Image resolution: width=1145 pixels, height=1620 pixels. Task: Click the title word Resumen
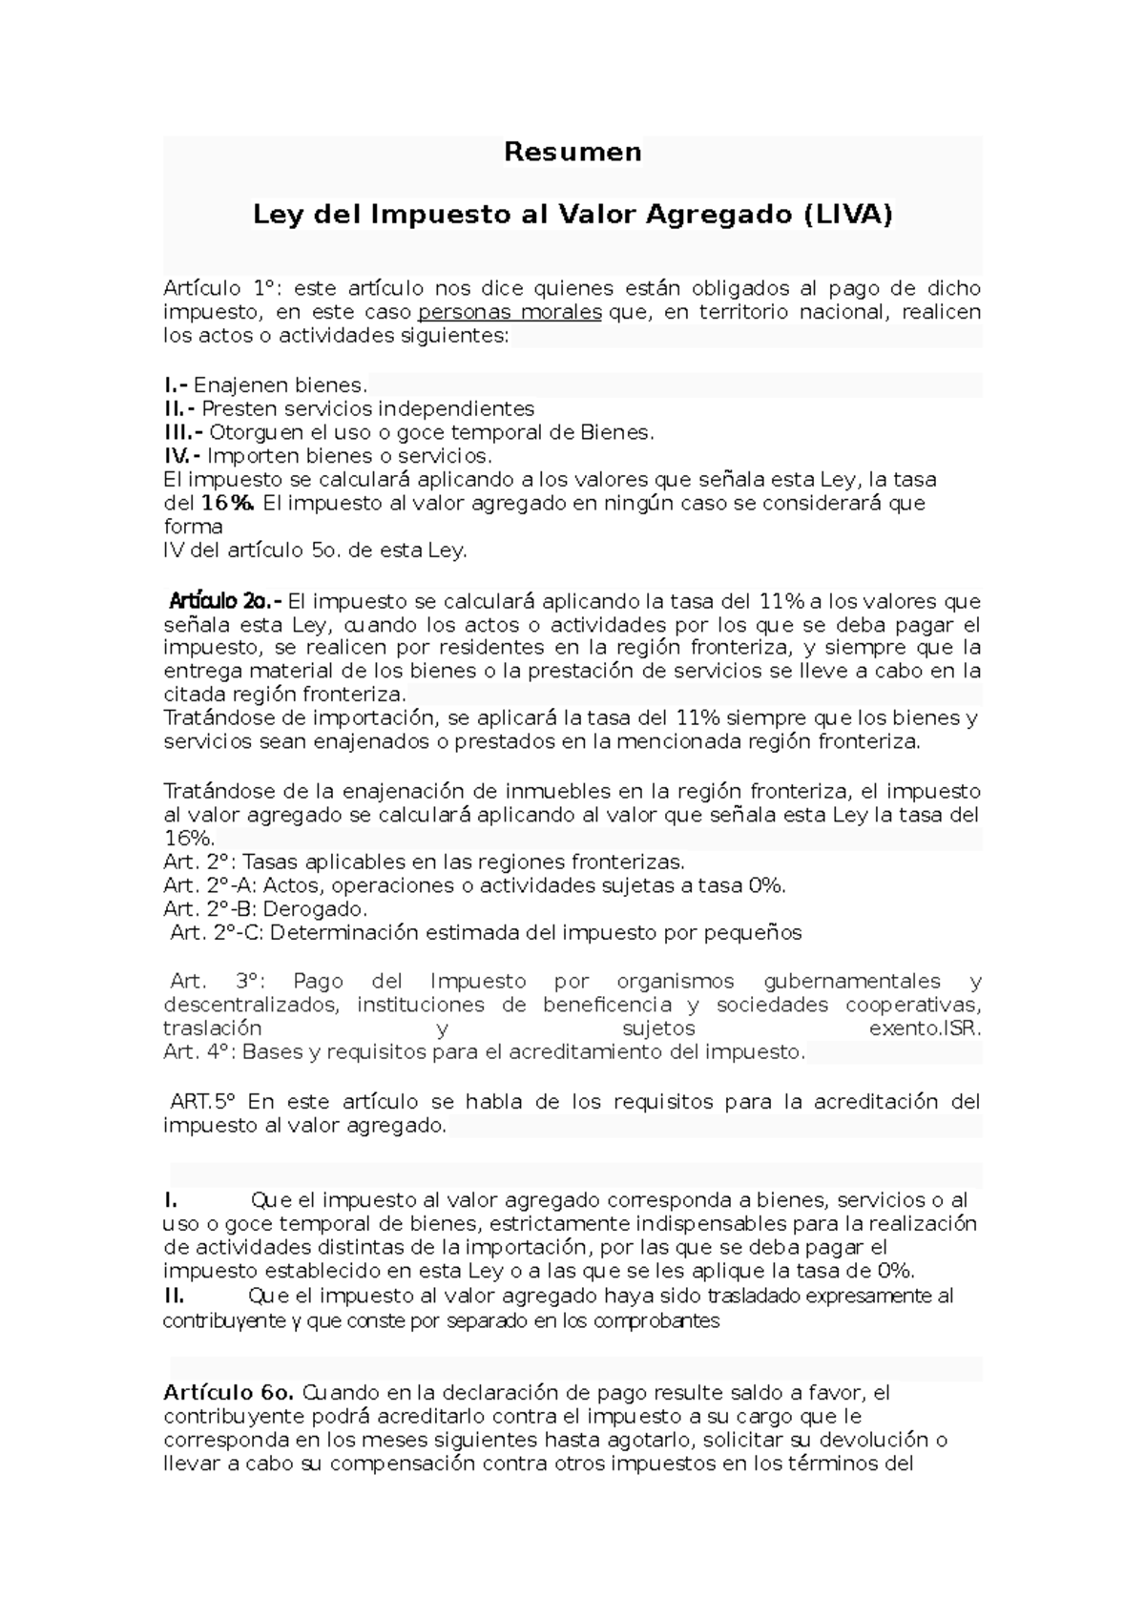572,152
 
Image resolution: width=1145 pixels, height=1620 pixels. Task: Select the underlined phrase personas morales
510,313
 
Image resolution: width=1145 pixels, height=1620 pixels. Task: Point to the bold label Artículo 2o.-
225,602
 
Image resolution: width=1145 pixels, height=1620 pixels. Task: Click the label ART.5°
202,1102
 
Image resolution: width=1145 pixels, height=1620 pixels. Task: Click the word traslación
212,1028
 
